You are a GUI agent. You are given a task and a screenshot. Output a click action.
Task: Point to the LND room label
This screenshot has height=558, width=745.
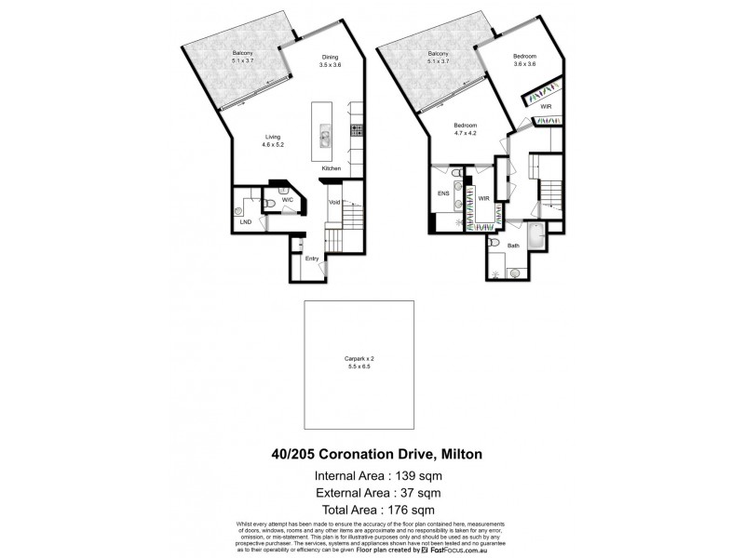click(x=245, y=222)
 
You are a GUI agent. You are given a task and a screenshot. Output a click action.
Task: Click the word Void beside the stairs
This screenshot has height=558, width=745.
click(x=333, y=202)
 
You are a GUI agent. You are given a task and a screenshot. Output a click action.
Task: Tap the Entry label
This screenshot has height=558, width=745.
click(x=311, y=259)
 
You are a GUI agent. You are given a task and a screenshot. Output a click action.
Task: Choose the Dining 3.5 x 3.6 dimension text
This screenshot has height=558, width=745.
click(x=331, y=65)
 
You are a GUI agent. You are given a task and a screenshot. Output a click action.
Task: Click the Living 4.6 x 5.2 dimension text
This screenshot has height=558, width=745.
click(x=272, y=145)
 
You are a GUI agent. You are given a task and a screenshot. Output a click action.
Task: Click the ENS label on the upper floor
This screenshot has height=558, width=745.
click(x=443, y=193)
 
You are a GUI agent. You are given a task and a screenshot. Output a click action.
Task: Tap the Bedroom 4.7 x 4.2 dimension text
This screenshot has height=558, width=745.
click(x=466, y=133)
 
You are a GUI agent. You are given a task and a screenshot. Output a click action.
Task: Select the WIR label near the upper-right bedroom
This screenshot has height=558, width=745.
click(x=546, y=107)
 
